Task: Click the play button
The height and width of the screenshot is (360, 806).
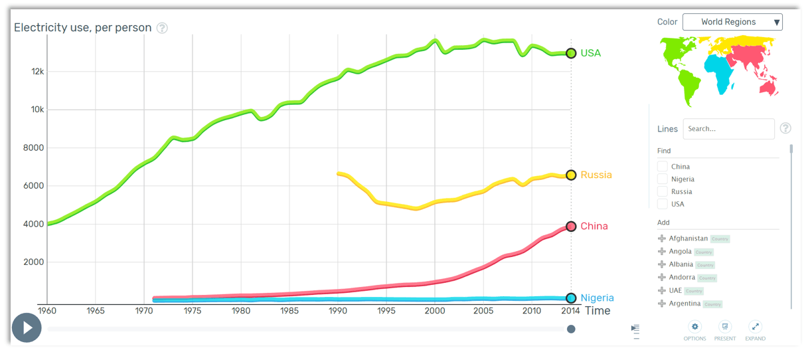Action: [x=27, y=328]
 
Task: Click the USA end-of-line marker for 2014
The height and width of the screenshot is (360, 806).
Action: [x=571, y=53]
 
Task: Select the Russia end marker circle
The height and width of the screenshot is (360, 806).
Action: [x=571, y=175]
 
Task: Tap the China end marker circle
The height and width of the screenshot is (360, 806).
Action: [x=571, y=226]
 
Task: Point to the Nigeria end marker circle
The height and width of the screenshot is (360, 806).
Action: [x=571, y=298]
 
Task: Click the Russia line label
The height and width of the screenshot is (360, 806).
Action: [x=596, y=175]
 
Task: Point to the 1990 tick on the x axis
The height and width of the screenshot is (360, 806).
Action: [x=338, y=311]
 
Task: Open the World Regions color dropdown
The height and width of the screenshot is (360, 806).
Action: [x=732, y=22]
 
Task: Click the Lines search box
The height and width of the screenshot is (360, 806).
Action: [x=728, y=129]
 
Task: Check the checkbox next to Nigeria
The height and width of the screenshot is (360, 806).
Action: [x=662, y=179]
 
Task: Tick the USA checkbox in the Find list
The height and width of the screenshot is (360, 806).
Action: [x=662, y=204]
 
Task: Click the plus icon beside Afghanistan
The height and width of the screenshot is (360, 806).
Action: [x=661, y=238]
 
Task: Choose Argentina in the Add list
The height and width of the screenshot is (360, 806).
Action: [x=684, y=304]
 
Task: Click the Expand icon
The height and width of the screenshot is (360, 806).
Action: [x=755, y=327]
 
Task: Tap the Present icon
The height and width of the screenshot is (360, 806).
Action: [x=725, y=327]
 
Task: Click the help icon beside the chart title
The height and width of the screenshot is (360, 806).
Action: [x=162, y=28]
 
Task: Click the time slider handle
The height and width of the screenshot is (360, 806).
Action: [x=571, y=329]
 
